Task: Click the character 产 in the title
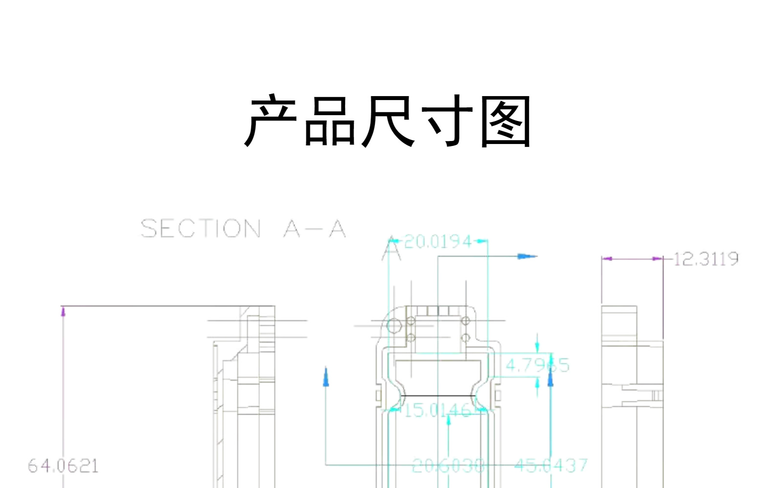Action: coord(271,121)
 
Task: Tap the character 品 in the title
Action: coord(329,121)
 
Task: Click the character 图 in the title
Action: coord(506,121)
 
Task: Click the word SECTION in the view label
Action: coord(201,228)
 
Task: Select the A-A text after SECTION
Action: coord(315,228)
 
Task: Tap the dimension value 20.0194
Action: coord(438,241)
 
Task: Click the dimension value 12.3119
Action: coord(706,259)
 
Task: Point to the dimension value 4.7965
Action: coord(537,365)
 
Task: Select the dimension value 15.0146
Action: coord(437,410)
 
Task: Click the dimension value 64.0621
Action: coord(63,466)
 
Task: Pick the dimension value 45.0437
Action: coord(551,465)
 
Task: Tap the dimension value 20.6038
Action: coord(448,466)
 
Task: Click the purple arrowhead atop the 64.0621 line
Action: coord(63,311)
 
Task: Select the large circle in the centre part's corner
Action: coord(394,325)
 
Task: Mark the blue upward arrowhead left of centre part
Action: coord(326,377)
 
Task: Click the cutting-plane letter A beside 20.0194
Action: coord(391,250)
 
